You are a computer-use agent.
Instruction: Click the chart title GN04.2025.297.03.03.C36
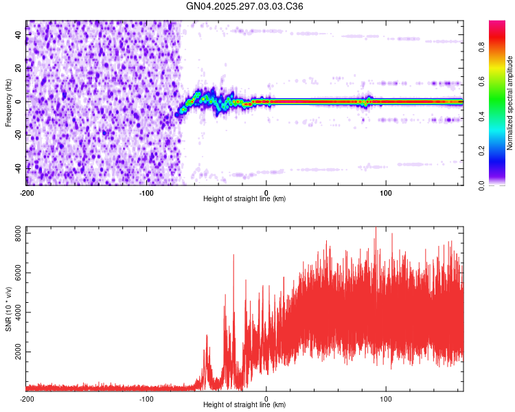(245, 6)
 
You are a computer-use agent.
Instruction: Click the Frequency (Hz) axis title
(8, 102)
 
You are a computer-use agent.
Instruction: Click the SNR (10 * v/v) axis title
(8, 309)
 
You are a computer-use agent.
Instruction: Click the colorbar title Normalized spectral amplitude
(510, 103)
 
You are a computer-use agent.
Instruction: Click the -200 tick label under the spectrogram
(27, 192)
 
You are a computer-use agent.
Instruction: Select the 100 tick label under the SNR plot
(386, 398)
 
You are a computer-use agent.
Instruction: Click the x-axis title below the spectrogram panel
(244, 199)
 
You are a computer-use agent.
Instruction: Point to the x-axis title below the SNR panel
(244, 405)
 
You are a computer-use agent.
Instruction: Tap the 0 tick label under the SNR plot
(266, 398)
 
